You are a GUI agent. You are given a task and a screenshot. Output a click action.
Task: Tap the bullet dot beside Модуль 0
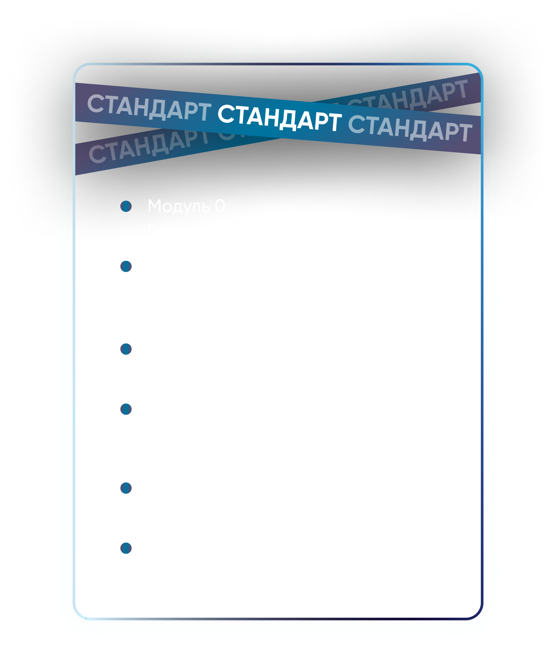pos(126,206)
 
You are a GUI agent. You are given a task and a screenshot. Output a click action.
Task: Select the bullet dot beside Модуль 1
pos(126,267)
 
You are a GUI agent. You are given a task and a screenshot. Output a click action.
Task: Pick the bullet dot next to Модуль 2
pos(126,349)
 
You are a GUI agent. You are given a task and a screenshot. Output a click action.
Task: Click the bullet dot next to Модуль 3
pos(126,409)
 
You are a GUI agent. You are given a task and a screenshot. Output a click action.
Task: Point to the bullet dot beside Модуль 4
pos(126,488)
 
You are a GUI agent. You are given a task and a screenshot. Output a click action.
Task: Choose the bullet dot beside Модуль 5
pos(126,548)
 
